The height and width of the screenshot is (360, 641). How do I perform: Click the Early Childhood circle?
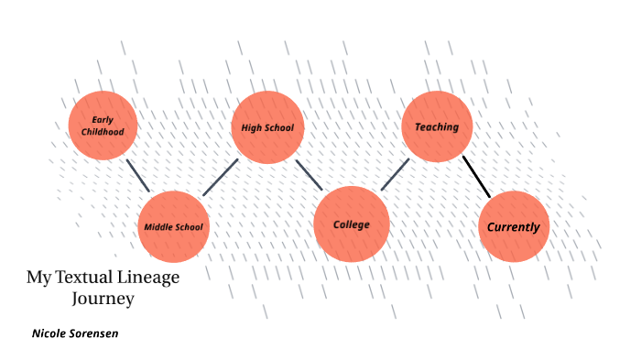coord(103,126)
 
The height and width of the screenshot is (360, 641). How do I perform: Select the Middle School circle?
coord(173,226)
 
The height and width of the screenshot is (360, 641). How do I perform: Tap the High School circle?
coord(267,127)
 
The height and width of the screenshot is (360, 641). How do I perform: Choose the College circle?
coord(352,224)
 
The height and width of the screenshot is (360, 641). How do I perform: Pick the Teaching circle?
coord(437,126)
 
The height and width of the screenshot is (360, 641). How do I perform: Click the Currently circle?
coord(514,226)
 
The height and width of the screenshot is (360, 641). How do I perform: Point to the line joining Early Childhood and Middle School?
coord(137,176)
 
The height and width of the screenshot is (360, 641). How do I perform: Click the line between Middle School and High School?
coord(221,177)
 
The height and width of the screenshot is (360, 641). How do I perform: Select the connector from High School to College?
coord(309,175)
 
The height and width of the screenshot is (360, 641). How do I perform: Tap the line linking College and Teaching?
coord(395,174)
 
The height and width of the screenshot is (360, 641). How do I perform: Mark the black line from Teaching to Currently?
coord(476,176)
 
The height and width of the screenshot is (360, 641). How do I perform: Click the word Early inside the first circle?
coord(103,120)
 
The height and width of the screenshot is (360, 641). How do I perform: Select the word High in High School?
coord(250,127)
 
